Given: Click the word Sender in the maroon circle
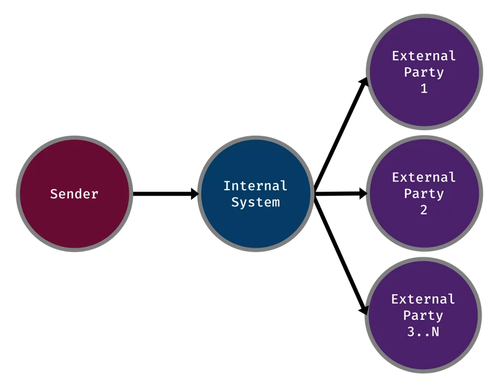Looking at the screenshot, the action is coord(74,194).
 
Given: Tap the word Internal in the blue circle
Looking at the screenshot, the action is coord(255,186).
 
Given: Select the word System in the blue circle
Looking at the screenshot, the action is coord(256,203).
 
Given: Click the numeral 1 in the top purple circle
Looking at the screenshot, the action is coord(424,89).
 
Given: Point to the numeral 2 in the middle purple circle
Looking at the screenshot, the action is coord(424,210).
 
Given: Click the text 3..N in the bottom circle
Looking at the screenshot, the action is coord(424,332).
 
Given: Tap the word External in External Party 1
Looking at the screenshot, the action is coord(424,56).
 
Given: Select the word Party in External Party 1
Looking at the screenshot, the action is coord(424,73).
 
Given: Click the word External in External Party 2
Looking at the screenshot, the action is coord(424,178).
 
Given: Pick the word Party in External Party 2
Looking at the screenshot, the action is coord(424,194).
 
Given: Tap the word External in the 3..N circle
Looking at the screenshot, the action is coord(424,299).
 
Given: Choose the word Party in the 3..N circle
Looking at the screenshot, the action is coord(424,315).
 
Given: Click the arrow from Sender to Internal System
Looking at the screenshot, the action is coord(166,194).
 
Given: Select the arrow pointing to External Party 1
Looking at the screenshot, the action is coord(341,135).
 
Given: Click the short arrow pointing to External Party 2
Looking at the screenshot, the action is coord(341,193).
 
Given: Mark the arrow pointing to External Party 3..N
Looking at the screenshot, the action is coord(341,255).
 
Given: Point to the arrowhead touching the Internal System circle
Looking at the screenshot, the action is coord(194,194).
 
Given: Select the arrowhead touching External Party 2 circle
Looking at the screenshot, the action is coord(363,193).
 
